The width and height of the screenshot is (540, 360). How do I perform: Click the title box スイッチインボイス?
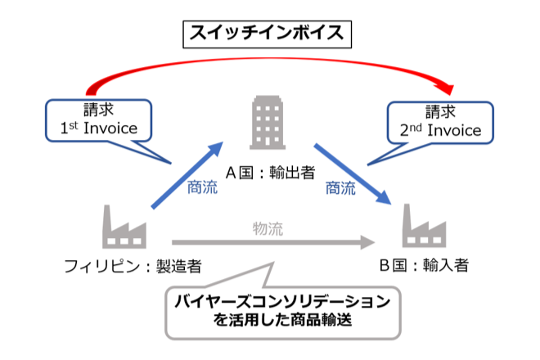click(x=268, y=34)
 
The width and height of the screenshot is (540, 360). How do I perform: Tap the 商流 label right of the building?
click(x=341, y=189)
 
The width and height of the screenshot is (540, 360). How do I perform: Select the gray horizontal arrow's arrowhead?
click(x=365, y=243)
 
